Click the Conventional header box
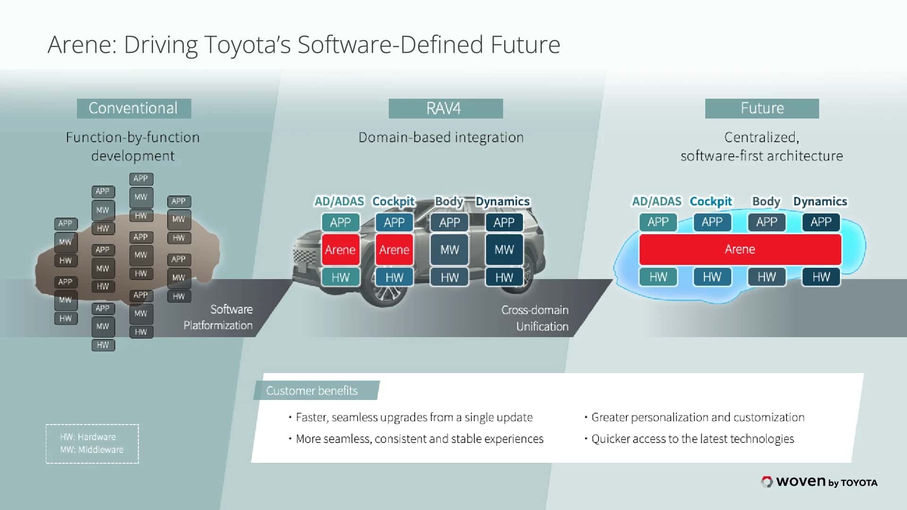[x=134, y=109]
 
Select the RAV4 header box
[x=445, y=109]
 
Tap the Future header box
[x=762, y=109]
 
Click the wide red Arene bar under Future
[x=740, y=249]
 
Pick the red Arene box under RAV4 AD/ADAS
[x=340, y=249]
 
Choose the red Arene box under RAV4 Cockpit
[x=394, y=249]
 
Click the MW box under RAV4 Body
[x=449, y=249]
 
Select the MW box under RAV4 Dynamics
[x=504, y=249]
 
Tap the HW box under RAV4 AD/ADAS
[x=340, y=277]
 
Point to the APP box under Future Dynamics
[x=821, y=222]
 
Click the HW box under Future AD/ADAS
[x=658, y=277]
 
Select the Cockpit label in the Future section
[x=710, y=202]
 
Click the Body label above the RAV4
[x=449, y=202]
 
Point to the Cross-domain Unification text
[x=536, y=318]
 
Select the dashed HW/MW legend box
[x=92, y=443]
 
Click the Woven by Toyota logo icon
[x=767, y=482]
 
